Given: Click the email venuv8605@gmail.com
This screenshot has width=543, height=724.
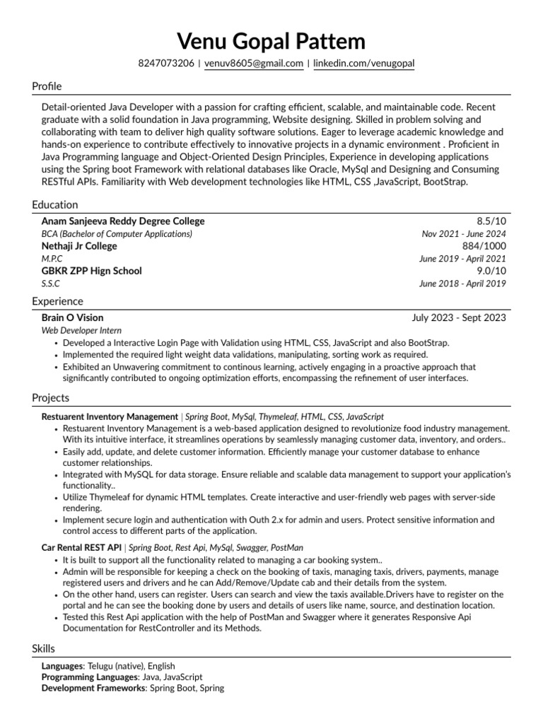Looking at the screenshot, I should (x=254, y=64).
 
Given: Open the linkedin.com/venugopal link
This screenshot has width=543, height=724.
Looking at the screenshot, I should (x=363, y=64).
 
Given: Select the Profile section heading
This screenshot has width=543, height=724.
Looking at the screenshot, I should (x=47, y=86).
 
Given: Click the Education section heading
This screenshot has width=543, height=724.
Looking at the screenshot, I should (x=54, y=205).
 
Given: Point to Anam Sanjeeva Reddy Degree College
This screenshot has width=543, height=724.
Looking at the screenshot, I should (x=123, y=221).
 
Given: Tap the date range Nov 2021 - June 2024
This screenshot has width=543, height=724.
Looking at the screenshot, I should (x=464, y=234).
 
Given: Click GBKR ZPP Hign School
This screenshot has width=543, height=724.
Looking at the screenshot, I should (x=92, y=271).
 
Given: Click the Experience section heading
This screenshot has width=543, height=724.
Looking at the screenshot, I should (x=57, y=302).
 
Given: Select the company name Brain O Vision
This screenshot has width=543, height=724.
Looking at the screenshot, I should (x=72, y=318).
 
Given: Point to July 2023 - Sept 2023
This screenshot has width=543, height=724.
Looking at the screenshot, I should (x=459, y=318).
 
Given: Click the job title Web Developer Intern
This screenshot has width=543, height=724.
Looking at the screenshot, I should (x=81, y=330).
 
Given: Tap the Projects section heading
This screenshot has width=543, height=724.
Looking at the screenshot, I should (x=50, y=399).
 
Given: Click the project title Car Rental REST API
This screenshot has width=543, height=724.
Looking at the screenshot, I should (x=82, y=547).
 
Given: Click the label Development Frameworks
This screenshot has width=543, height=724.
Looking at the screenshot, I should (x=93, y=688).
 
